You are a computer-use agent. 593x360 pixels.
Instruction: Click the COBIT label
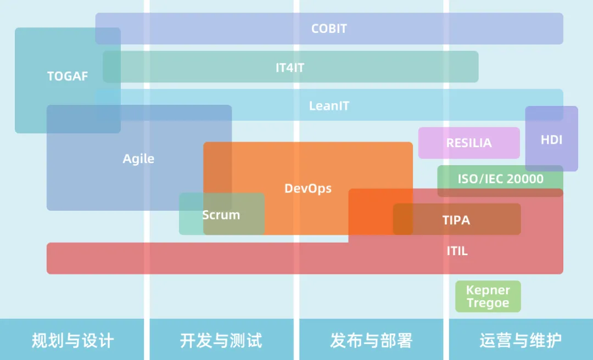(329, 29)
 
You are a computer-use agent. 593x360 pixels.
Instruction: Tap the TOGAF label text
(68, 76)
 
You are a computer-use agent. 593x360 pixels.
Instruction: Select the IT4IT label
(290, 68)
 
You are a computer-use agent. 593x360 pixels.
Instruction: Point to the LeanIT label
(329, 106)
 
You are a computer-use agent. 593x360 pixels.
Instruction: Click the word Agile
(138, 159)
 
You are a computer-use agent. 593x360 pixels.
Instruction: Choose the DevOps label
(308, 188)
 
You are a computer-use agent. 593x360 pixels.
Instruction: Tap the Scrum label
(221, 215)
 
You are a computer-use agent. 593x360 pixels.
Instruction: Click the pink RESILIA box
(469, 143)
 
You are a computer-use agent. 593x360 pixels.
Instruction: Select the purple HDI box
(551, 139)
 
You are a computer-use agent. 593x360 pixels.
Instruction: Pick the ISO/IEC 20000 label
(501, 179)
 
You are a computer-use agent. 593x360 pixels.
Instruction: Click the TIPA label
(456, 220)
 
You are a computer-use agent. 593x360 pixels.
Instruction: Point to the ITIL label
(457, 251)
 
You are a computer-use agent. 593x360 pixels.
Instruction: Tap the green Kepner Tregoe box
(488, 296)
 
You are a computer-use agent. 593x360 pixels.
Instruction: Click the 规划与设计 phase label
(72, 340)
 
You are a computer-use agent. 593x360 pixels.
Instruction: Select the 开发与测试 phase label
(221, 340)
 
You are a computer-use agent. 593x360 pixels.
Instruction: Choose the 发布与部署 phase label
(371, 340)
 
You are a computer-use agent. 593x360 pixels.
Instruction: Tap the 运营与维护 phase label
(521, 340)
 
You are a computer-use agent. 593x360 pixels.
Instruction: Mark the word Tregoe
(488, 303)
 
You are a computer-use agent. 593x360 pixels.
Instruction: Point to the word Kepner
(488, 290)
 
